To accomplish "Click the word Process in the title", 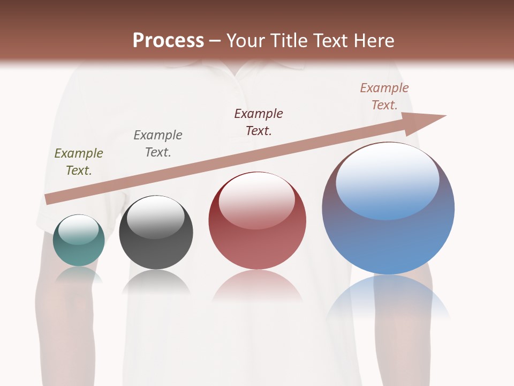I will click(x=168, y=41).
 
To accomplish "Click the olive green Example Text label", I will click(x=79, y=162).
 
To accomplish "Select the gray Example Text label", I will click(x=158, y=144).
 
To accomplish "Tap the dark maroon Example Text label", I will click(x=259, y=122).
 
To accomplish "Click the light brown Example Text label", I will click(x=384, y=96).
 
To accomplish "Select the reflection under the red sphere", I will click(x=258, y=286).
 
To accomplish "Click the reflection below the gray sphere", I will click(x=156, y=283).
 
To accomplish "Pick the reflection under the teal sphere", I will click(x=79, y=275).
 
